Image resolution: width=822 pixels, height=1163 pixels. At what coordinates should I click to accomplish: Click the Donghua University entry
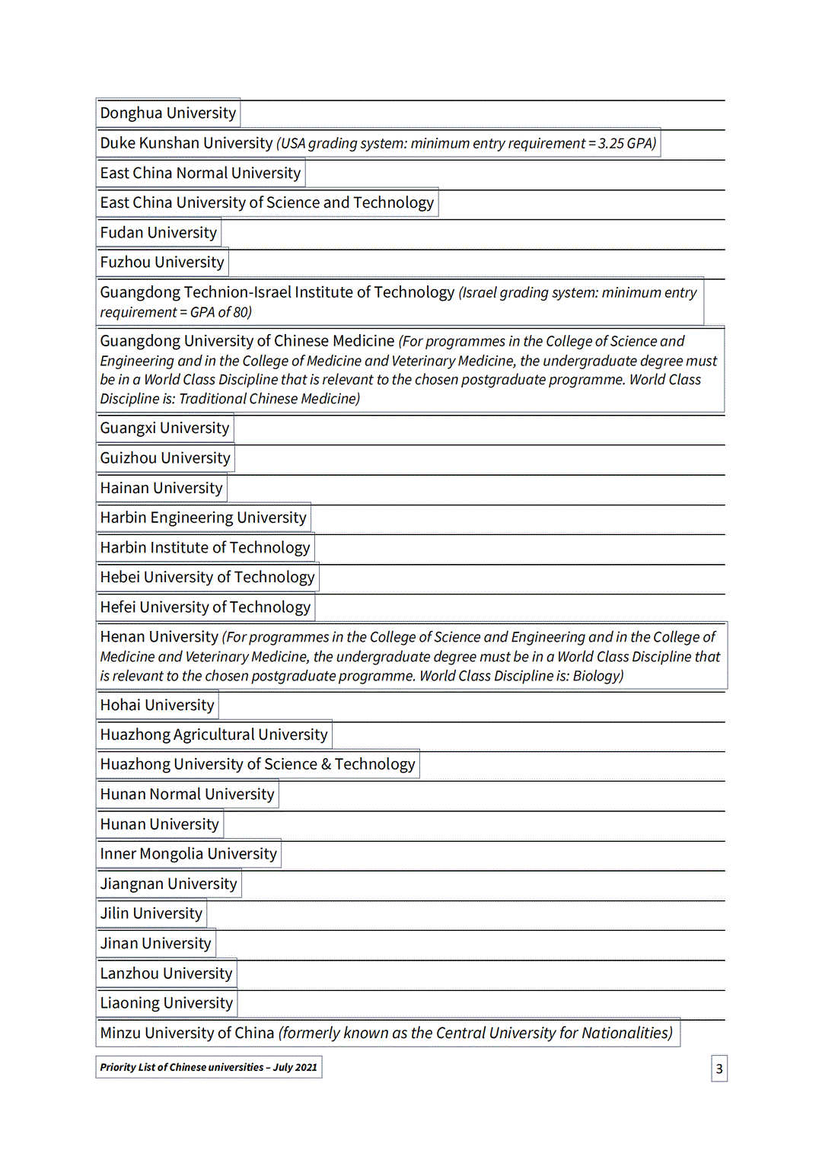click(167, 113)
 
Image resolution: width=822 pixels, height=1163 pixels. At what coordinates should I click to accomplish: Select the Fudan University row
click(158, 233)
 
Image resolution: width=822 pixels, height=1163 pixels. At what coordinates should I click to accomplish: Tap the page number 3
click(719, 1069)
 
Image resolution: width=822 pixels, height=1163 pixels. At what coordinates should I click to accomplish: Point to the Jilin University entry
click(151, 913)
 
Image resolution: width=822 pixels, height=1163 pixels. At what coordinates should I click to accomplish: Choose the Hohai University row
click(157, 705)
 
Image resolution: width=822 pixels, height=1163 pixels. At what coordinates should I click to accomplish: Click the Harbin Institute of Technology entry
click(205, 547)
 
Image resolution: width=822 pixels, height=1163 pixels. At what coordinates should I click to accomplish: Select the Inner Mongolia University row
click(188, 854)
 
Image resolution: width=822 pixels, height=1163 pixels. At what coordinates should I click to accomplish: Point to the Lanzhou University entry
click(166, 973)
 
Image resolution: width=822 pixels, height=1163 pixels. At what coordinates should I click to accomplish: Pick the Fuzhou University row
click(162, 263)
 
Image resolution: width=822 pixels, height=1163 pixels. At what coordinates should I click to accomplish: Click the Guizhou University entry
click(164, 458)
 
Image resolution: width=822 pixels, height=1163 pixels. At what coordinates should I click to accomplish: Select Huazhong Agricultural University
click(213, 734)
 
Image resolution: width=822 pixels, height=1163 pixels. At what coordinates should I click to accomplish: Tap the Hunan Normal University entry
click(186, 795)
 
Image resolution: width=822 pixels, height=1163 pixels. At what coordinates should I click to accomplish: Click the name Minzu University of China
click(186, 1033)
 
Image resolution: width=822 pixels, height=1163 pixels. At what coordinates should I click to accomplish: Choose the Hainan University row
click(161, 488)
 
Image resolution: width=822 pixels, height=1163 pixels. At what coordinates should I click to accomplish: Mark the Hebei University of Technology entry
click(207, 577)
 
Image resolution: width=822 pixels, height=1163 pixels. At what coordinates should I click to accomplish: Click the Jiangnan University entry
click(168, 884)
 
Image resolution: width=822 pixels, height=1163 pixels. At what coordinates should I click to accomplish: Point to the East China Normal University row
click(200, 174)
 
